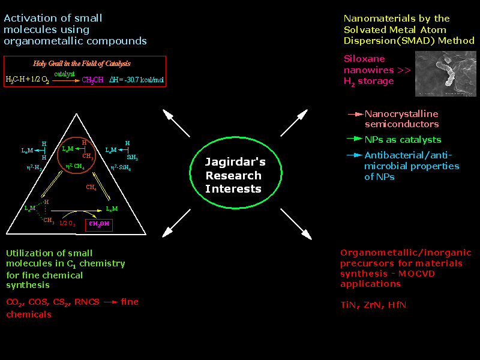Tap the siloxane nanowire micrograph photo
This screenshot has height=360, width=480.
point(446,74)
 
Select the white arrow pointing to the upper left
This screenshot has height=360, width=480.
point(176,124)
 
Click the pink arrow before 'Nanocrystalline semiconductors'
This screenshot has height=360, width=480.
point(355,113)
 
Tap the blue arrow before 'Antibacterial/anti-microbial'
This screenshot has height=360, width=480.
point(355,155)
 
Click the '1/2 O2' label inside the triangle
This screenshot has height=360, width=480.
point(67,223)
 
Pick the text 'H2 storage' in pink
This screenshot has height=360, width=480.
point(369,81)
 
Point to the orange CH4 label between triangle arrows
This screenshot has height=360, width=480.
point(92,188)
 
